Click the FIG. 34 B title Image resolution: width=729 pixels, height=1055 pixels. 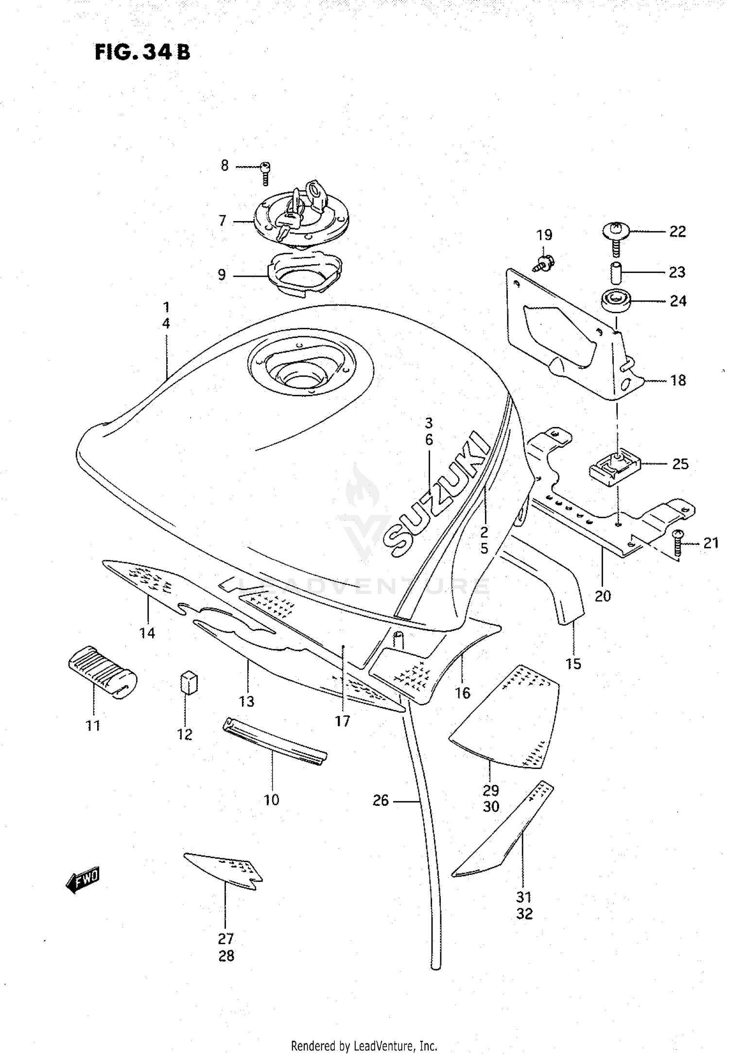tap(142, 52)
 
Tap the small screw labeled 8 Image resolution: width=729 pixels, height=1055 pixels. tap(265, 172)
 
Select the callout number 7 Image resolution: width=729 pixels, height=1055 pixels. tap(223, 221)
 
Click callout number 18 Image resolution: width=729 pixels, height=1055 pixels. tap(678, 380)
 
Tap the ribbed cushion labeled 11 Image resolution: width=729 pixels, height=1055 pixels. tap(101, 673)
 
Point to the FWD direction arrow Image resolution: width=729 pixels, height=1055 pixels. tap(83, 879)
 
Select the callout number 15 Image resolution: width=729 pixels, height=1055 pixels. tap(573, 664)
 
